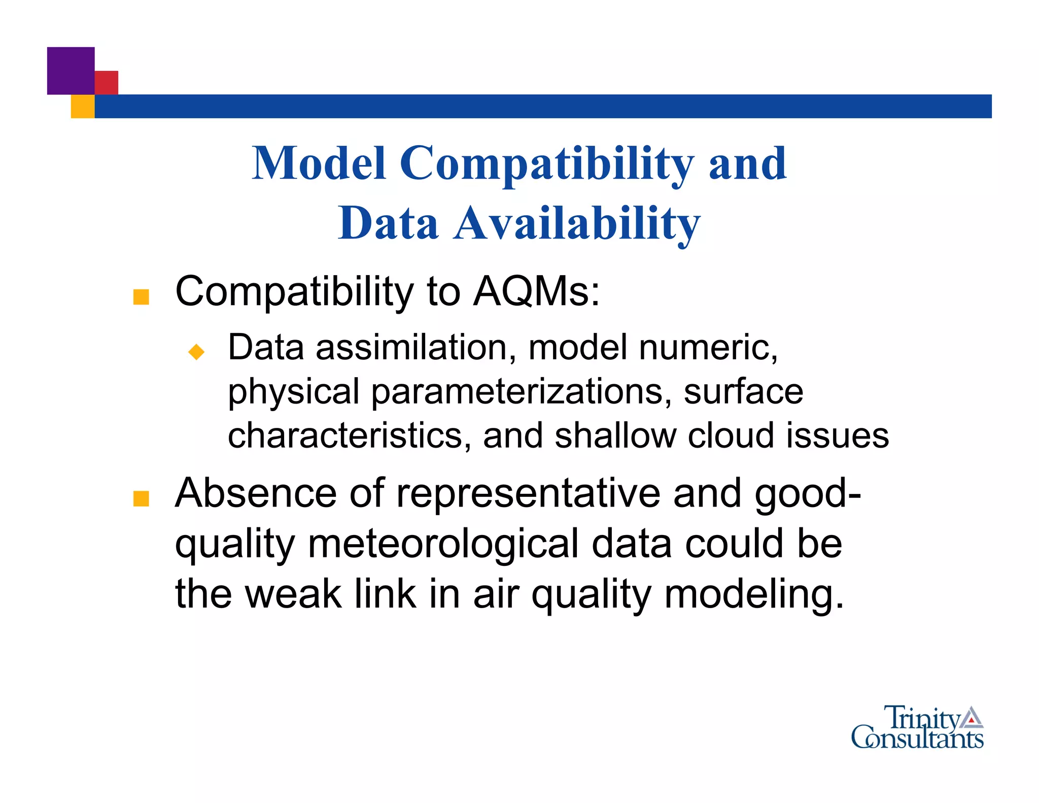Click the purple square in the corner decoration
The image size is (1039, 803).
71,71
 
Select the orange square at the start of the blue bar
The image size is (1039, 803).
82,107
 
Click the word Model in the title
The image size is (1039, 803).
319,163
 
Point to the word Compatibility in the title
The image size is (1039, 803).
547,163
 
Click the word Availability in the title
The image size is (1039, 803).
577,223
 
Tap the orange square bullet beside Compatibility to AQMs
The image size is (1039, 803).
141,297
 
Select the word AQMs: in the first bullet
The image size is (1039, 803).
536,292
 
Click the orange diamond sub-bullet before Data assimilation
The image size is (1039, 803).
196,351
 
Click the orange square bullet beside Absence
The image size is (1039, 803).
141,498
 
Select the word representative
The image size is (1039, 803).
528,493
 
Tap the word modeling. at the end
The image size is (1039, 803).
754,594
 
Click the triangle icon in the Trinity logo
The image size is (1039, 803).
972,717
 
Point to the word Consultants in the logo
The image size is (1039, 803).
917,739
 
